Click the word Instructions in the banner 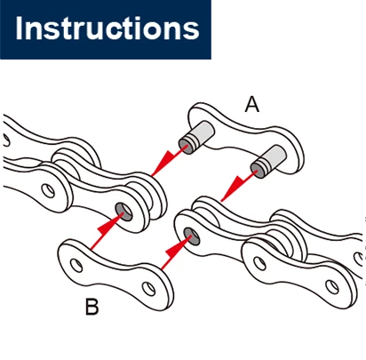[x=107, y=28]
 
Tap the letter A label [x=252, y=105]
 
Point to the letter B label [x=91, y=307]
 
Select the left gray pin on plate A [x=196, y=137]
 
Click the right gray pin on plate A [x=268, y=162]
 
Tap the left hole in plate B [x=76, y=265]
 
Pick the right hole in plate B [x=148, y=289]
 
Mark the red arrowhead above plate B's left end [x=109, y=227]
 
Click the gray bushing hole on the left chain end [x=123, y=212]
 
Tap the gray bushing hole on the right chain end [x=192, y=236]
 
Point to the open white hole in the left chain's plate [x=48, y=190]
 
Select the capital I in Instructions [x=19, y=28]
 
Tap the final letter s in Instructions [x=192, y=31]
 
